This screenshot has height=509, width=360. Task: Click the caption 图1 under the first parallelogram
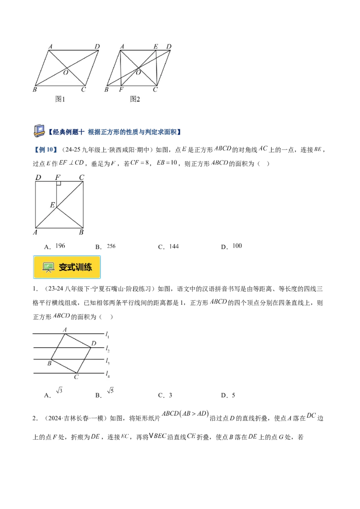tap(60, 99)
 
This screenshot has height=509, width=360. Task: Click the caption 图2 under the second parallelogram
tap(135, 99)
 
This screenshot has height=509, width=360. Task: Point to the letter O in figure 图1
tap(66, 72)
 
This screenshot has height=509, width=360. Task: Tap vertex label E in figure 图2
tap(156, 46)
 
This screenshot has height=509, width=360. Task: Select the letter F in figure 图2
tap(121, 89)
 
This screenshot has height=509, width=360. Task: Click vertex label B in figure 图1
tap(35, 89)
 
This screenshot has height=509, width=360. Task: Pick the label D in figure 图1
tap(97, 46)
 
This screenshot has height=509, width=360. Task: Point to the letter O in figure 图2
tap(138, 72)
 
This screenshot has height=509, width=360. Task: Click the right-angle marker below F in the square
tap(58, 184)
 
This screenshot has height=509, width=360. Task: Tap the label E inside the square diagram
tap(52, 205)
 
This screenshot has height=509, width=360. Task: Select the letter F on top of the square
tap(58, 178)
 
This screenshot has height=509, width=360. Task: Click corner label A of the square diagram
tap(36, 232)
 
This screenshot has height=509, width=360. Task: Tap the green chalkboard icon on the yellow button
tap(48, 267)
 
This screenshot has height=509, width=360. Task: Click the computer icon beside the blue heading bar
tap(39, 130)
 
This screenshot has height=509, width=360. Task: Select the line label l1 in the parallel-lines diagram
tap(108, 334)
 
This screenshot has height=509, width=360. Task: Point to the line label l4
tap(108, 373)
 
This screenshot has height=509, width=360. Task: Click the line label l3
tap(108, 361)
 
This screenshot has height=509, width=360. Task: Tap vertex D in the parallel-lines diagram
tap(94, 344)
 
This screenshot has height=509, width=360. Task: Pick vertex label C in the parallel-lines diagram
tap(76, 377)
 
